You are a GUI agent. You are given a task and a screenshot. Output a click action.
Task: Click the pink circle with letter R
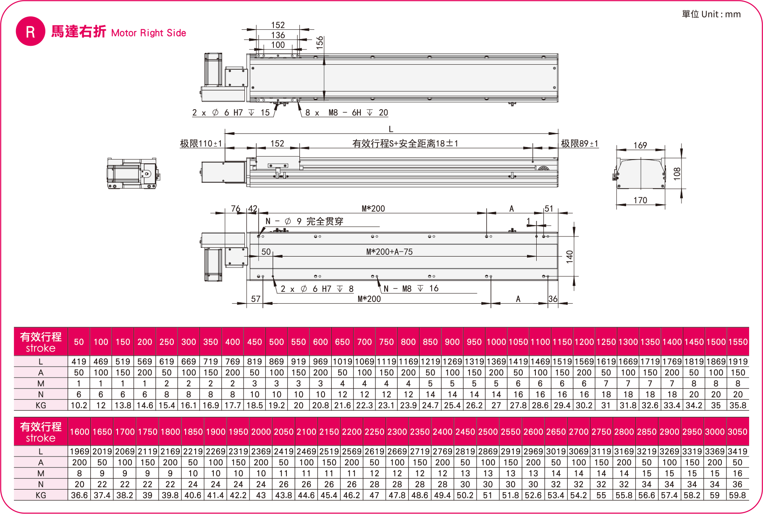coord(30,31)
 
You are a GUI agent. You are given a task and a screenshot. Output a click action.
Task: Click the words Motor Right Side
coord(149,33)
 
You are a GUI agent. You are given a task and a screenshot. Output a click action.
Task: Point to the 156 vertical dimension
coord(320,42)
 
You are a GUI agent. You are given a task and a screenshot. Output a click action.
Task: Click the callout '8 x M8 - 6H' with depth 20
coord(346,113)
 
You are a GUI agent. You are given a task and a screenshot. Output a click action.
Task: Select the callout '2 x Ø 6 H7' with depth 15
coord(231,113)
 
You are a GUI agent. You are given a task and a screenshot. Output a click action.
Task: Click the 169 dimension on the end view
coord(640,145)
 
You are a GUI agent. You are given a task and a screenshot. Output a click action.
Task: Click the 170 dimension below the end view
coord(640,200)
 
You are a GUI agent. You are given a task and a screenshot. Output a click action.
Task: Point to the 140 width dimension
coord(569,256)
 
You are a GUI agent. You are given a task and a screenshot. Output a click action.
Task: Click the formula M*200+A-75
coord(389,252)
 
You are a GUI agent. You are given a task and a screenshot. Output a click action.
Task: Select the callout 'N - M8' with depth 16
coord(411,288)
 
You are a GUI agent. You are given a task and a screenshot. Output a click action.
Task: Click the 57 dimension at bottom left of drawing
coord(256,299)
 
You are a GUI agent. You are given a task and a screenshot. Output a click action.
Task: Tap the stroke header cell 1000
coord(496,342)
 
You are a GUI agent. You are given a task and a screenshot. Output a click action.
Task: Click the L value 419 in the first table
coord(79,362)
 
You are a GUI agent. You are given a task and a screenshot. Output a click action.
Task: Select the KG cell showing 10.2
coord(79,405)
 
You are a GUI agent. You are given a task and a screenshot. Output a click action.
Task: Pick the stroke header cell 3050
coord(737,432)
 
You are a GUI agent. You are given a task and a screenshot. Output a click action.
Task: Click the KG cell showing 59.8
coord(737,495)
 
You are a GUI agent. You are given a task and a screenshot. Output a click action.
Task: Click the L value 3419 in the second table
coord(737,451)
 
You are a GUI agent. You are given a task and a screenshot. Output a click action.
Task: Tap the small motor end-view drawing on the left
coord(133,173)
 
